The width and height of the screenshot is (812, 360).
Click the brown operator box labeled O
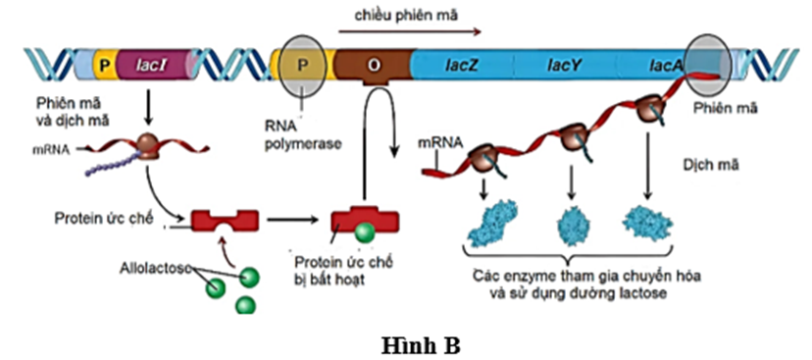click(372, 66)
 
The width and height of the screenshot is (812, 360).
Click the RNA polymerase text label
click(300, 135)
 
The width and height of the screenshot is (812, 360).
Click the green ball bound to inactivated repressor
click(363, 232)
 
